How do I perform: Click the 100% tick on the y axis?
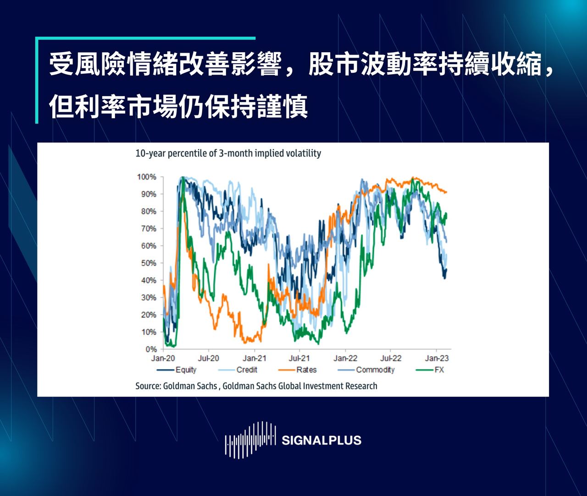[146, 177]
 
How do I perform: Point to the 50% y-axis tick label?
[148, 263]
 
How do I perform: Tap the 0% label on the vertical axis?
[151, 349]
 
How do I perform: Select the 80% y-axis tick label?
[148, 211]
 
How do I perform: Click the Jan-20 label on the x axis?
[163, 358]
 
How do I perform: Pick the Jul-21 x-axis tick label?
[299, 358]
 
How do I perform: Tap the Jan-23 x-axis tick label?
[437, 358]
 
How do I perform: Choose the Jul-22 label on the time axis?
[391, 358]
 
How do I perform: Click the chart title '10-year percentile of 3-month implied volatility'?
[228, 153]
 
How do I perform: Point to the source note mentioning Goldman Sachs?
[256, 386]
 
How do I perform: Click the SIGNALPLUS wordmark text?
[321, 441]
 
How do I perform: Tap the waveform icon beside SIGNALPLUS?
[250, 440]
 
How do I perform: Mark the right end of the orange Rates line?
[446, 192]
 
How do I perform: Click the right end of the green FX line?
[447, 213]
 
